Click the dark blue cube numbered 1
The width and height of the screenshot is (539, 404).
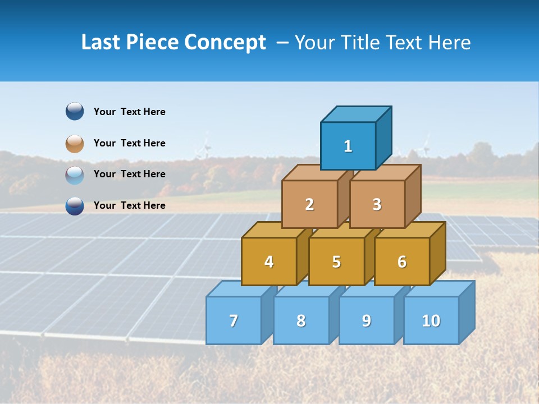(348, 146)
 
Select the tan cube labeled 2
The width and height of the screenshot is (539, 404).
(309, 204)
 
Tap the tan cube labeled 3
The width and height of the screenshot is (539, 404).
(377, 204)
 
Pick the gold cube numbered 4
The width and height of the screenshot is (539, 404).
(269, 261)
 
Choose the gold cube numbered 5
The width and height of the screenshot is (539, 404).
(336, 261)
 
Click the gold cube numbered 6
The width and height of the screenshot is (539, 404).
(402, 261)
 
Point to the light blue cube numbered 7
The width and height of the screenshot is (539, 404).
(234, 320)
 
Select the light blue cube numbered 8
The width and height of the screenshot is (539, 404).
(301, 320)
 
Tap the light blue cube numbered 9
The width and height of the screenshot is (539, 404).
(366, 320)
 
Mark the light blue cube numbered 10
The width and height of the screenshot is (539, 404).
(431, 320)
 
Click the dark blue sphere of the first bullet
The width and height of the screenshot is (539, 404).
(75, 111)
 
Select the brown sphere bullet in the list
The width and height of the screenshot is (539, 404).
(75, 143)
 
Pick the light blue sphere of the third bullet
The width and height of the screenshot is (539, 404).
(75, 175)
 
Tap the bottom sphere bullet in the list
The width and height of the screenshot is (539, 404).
(75, 206)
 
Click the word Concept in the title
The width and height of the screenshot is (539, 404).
(225, 43)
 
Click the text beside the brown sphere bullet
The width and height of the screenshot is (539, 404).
(129, 143)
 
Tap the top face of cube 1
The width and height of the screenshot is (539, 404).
(356, 114)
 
